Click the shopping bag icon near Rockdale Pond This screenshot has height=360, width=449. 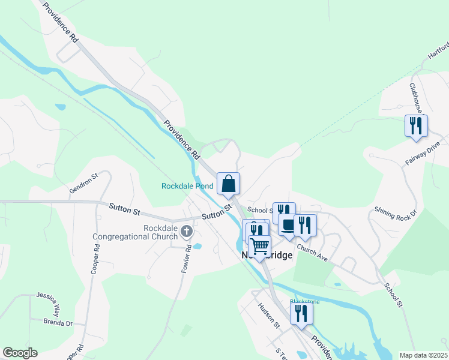click(x=228, y=184)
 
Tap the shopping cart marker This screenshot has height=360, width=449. click(x=259, y=246)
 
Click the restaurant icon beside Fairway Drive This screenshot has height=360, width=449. click(x=416, y=126)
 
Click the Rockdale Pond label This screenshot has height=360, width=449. click(x=187, y=186)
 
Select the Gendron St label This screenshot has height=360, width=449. click(x=83, y=183)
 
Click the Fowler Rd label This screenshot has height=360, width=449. click(x=187, y=259)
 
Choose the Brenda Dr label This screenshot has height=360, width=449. click(x=58, y=323)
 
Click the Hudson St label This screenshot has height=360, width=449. click(x=269, y=314)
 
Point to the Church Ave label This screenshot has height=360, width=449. click(x=312, y=253)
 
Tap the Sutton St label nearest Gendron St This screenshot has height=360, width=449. click(x=124, y=209)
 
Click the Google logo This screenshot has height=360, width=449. click(x=20, y=353)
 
